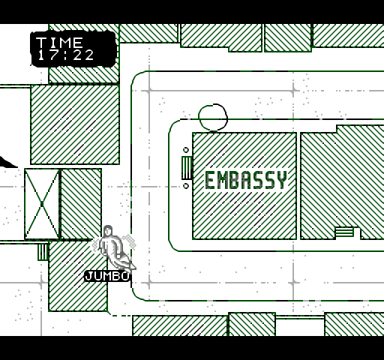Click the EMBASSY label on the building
coord(246,180)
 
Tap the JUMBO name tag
coord(107,276)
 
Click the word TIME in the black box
coord(59,43)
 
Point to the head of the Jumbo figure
coord(108,231)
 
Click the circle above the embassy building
coord(213,117)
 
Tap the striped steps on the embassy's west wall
coord(187,168)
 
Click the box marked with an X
coord(42,204)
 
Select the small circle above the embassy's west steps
coord(186,150)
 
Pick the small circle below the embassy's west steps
coord(186,186)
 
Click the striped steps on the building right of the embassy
coord(344,232)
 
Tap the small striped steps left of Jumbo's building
coord(43,252)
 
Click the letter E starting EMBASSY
coord(209,180)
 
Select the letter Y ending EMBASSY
coord(283,180)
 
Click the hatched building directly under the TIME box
coord(75,124)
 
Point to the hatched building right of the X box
coord(81,204)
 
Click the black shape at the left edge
coord(7,163)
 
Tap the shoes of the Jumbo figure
coord(126,265)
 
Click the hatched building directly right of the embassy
coord(342,182)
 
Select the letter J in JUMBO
coord(88,276)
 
